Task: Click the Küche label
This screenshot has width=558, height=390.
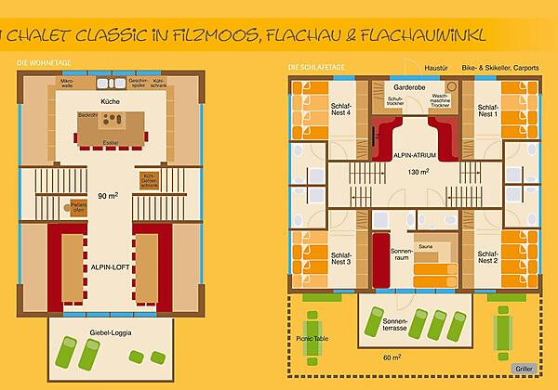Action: click(x=111, y=99)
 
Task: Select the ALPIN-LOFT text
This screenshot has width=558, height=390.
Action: click(x=111, y=266)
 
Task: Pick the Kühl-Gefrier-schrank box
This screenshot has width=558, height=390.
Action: click(x=149, y=180)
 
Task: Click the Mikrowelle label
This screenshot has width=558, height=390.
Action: click(x=67, y=84)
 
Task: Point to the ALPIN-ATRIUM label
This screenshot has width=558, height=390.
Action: click(x=410, y=156)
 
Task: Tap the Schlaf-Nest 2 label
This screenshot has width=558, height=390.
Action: click(x=488, y=257)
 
